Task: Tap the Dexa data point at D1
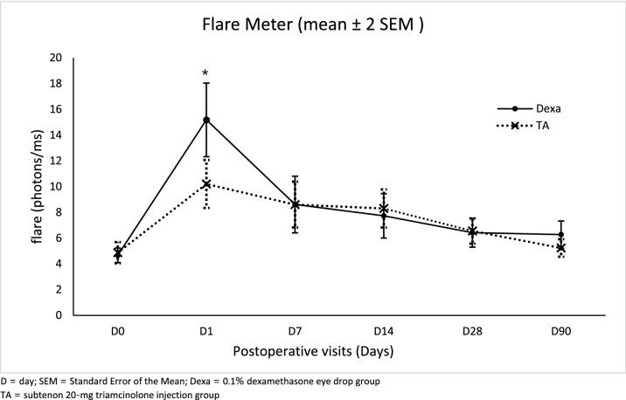tap(206, 120)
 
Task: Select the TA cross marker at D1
tap(206, 183)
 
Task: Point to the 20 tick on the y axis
tap(56, 58)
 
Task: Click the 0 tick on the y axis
tap(59, 314)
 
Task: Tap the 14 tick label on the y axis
tap(56, 134)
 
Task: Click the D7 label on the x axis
tap(296, 333)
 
